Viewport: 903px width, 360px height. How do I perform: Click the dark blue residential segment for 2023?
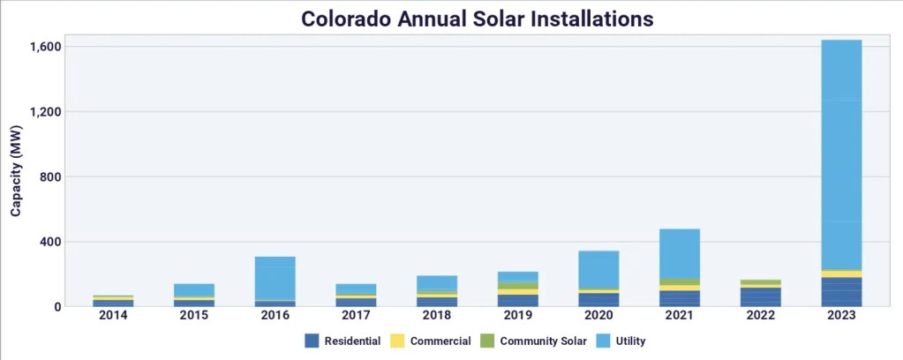(x=841, y=292)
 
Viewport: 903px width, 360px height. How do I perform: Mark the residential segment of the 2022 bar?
(x=760, y=297)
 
